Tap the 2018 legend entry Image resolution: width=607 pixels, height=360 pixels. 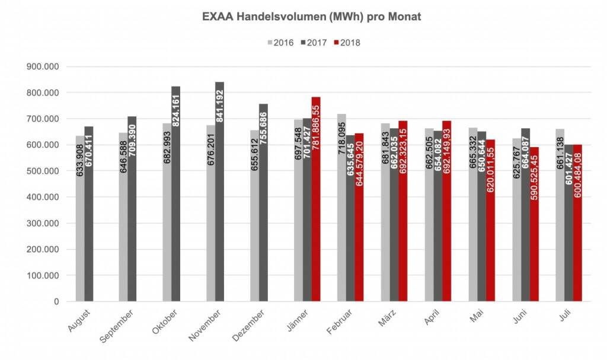[x=347, y=43]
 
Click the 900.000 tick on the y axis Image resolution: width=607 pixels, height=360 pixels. [x=43, y=67]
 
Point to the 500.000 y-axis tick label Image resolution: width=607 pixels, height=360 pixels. [x=43, y=171]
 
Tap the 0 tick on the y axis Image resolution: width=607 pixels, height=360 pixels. [x=57, y=302]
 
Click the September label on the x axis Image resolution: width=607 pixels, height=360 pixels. [x=117, y=326]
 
